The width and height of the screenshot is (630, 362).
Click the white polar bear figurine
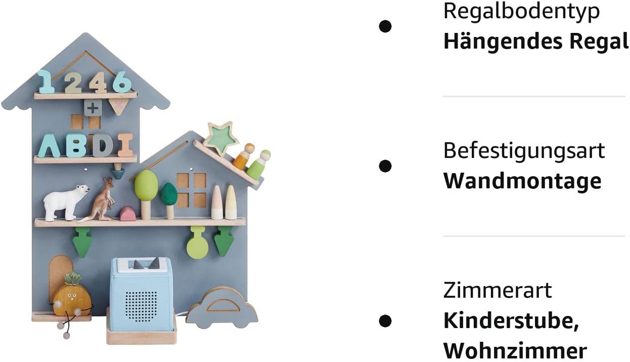(x=65, y=202)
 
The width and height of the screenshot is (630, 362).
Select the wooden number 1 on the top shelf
(x=46, y=82)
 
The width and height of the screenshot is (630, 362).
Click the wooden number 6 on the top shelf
(x=122, y=82)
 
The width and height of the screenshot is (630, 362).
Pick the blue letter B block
(x=76, y=145)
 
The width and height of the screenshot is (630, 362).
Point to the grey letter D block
(x=103, y=145)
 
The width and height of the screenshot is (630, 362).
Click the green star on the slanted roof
(x=221, y=137)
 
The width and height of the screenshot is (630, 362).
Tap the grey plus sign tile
(x=93, y=107)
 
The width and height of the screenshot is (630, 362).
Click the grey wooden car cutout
(x=222, y=307)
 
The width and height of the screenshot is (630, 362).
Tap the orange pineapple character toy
(x=72, y=299)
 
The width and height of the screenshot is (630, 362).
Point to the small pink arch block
(x=127, y=214)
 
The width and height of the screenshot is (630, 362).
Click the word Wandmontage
(x=522, y=181)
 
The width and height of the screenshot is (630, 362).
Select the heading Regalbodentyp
(x=521, y=11)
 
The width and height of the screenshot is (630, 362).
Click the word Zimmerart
(x=498, y=291)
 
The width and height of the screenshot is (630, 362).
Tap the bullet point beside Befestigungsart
(x=385, y=166)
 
